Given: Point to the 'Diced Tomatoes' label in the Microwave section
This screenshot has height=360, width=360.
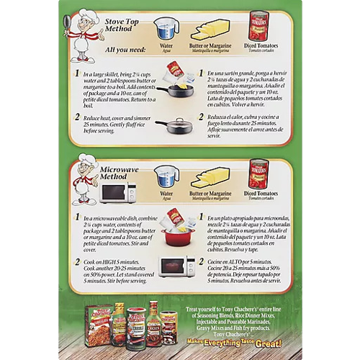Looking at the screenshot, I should (260, 193).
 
